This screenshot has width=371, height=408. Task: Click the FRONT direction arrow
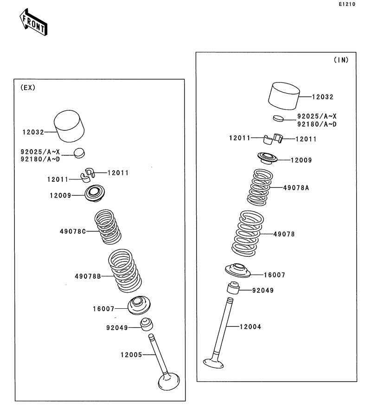click(x=33, y=22)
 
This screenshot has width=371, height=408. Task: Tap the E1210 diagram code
click(x=347, y=4)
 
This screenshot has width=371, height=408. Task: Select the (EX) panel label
click(x=28, y=88)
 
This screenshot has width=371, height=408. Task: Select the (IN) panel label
click(x=341, y=60)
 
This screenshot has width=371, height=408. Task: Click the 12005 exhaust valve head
click(x=169, y=381)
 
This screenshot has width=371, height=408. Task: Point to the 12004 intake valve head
click(x=213, y=363)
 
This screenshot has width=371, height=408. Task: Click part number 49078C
click(x=73, y=231)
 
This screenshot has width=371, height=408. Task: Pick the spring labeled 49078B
click(x=125, y=271)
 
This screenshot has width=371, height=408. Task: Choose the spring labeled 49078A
click(x=260, y=187)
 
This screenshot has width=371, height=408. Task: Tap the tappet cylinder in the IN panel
click(x=284, y=96)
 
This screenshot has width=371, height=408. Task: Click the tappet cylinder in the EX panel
click(x=69, y=126)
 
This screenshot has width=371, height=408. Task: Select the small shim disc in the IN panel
click(x=278, y=118)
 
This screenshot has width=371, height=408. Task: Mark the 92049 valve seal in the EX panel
click(x=147, y=324)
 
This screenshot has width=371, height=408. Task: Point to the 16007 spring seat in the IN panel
click(x=237, y=270)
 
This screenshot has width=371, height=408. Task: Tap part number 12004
click(x=250, y=326)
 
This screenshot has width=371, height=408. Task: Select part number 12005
click(x=131, y=355)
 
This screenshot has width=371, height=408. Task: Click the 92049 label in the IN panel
click(x=263, y=290)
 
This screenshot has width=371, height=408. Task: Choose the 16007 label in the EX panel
click(x=103, y=309)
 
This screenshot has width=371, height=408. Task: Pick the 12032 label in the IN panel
click(x=323, y=97)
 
